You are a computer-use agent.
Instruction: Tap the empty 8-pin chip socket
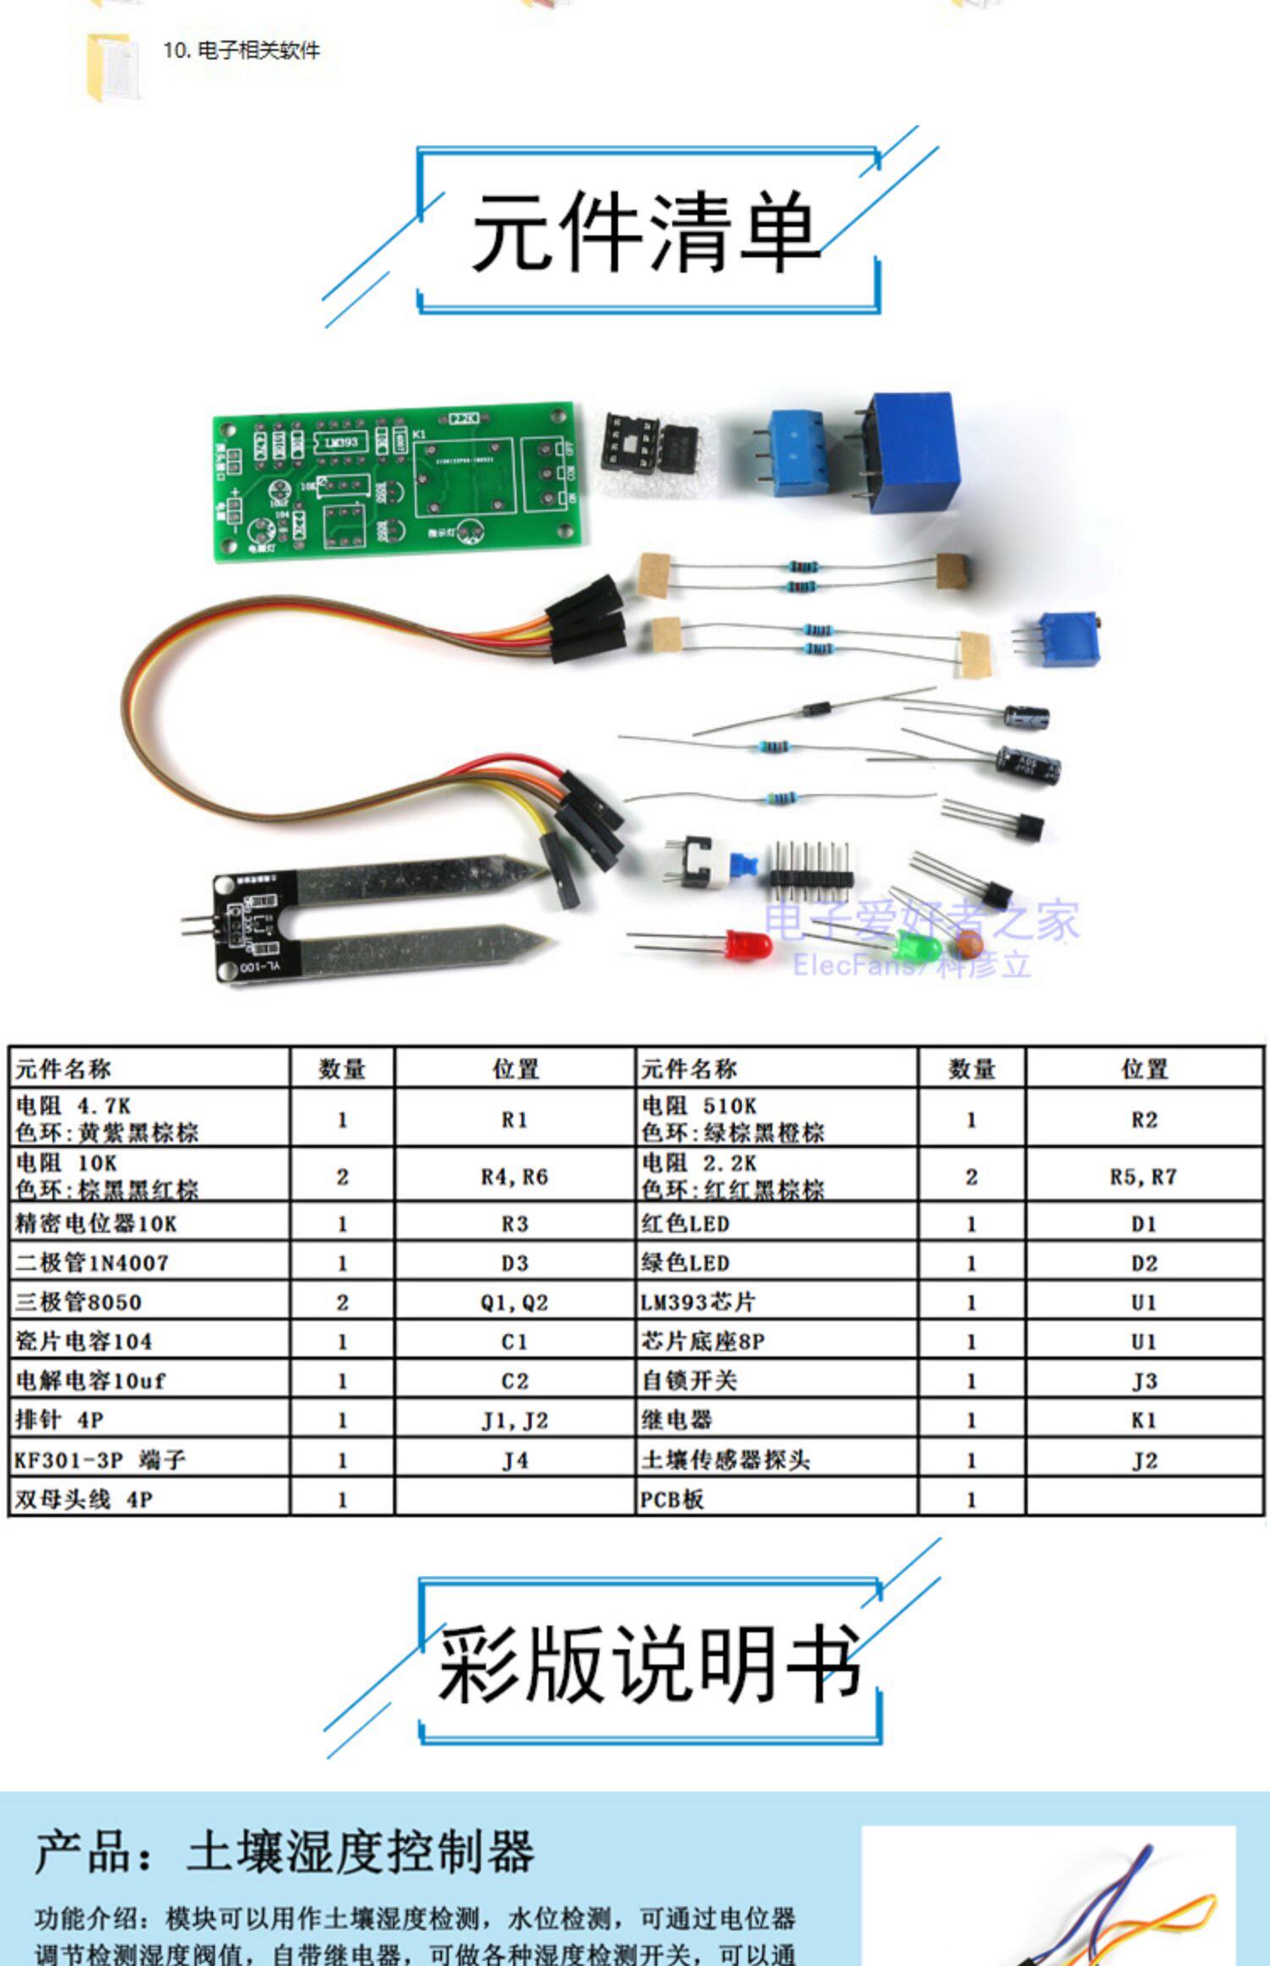[x=629, y=444]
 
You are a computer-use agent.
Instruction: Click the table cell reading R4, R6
[x=514, y=1177]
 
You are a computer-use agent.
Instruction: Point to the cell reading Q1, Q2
[x=514, y=1302]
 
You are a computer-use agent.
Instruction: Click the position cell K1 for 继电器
[x=1144, y=1420]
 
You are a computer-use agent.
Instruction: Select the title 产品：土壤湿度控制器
[x=284, y=1852]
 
